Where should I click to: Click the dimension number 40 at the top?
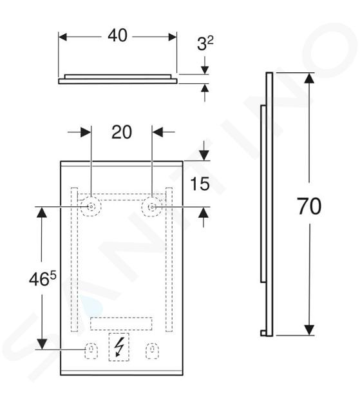click(117, 35)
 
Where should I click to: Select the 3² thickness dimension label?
click(205, 44)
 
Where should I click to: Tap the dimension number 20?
click(122, 132)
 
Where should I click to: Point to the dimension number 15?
click(200, 184)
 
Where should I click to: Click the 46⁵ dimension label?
click(43, 279)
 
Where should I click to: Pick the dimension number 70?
click(309, 206)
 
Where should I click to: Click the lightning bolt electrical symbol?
click(118, 347)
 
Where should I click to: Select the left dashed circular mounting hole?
click(91, 207)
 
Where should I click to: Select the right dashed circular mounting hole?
click(151, 207)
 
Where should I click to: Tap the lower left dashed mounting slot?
click(91, 351)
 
